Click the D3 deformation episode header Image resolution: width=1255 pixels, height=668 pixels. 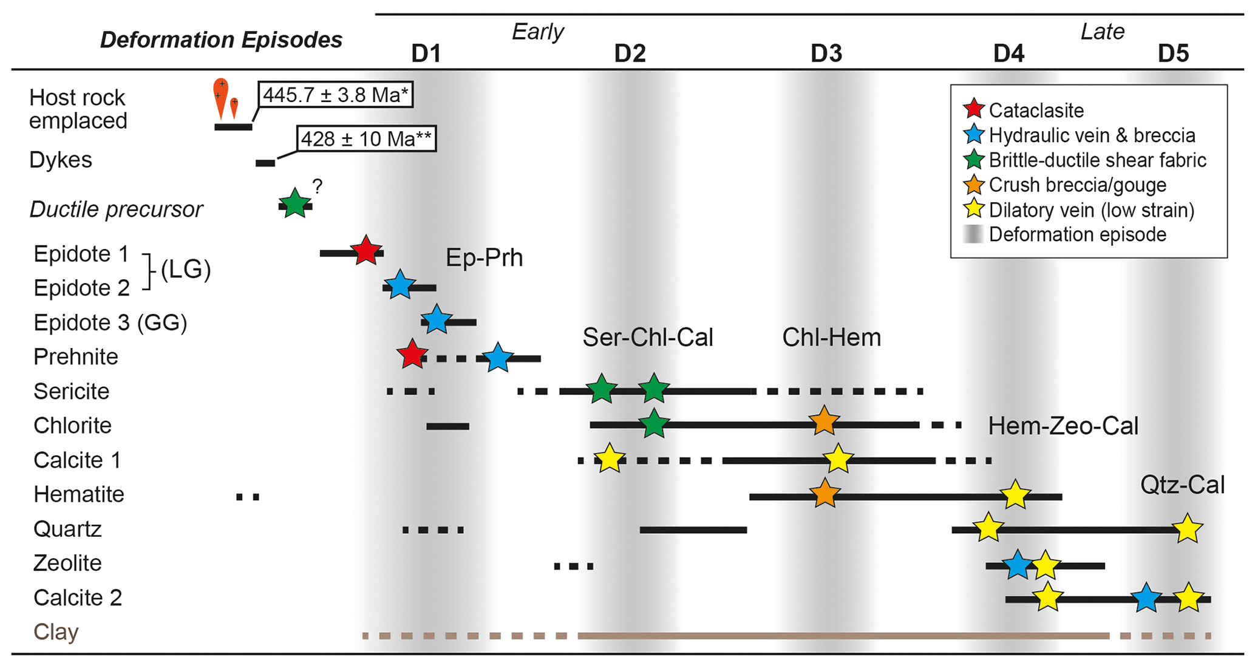click(826, 54)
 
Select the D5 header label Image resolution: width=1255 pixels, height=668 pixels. click(1173, 54)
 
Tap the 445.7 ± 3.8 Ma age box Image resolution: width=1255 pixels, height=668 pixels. click(336, 95)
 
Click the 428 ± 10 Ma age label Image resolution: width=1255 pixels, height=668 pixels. click(366, 139)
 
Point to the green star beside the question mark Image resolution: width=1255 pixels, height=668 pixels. click(294, 203)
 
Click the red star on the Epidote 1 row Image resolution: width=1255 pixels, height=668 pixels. click(366, 250)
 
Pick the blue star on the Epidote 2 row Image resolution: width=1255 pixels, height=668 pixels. click(400, 285)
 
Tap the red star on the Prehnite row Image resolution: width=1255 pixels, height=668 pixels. click(412, 354)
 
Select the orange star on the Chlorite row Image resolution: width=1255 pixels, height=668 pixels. click(824, 421)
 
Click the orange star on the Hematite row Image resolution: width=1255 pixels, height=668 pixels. click(825, 493)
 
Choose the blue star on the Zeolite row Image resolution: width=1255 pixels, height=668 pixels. click(1018, 565)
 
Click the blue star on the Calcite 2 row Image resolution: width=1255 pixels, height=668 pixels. click(1146, 598)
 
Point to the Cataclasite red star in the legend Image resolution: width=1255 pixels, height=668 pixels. click(973, 109)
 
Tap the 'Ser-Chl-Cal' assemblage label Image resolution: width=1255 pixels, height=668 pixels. click(647, 337)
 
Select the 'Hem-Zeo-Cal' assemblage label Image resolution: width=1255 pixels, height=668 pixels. click(1063, 426)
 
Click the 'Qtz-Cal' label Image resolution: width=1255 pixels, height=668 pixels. click(1182, 485)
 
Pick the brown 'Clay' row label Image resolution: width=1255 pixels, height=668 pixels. click(56, 632)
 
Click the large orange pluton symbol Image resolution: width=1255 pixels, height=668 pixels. click(220, 97)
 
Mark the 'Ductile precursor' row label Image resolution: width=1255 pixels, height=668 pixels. click(116, 209)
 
